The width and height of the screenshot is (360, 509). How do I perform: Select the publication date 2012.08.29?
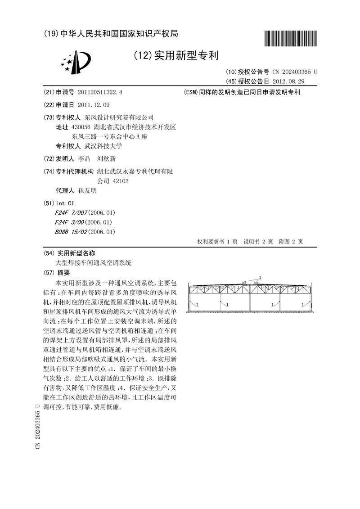[288, 81]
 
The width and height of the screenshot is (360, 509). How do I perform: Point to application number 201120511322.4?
[100, 92]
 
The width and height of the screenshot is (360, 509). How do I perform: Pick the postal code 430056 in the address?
[81, 127]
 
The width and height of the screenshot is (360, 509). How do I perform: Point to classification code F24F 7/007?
[71, 212]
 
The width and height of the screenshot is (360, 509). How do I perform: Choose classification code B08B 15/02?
[71, 232]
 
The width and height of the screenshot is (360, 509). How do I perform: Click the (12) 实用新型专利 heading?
[176, 56]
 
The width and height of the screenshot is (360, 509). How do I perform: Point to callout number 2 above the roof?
[260, 278]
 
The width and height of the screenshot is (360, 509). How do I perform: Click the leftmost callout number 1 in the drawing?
[197, 305]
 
